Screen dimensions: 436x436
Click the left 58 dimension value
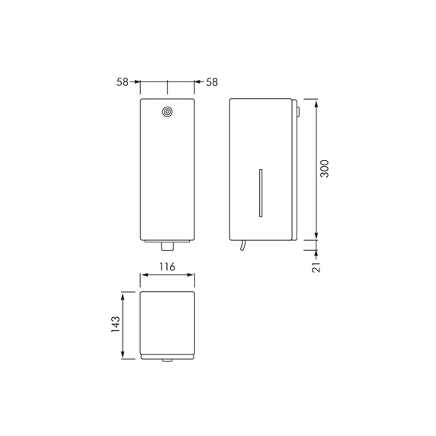tap(122, 82)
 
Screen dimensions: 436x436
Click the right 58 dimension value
tap(212, 82)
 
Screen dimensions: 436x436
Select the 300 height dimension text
tap(324, 169)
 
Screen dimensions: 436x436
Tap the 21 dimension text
tap(316, 267)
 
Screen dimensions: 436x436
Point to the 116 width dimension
tap(167, 267)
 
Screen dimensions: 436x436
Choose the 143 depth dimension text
tap(116, 324)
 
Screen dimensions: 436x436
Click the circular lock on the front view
tap(167, 112)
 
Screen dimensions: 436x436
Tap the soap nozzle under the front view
tap(167, 246)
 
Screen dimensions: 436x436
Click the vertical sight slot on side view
tap(261, 193)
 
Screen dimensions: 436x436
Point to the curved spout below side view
tap(242, 246)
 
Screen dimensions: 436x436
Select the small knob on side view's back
tap(298, 112)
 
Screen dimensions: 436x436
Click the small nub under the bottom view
tap(167, 360)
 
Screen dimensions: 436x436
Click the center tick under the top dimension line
tap(167, 88)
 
